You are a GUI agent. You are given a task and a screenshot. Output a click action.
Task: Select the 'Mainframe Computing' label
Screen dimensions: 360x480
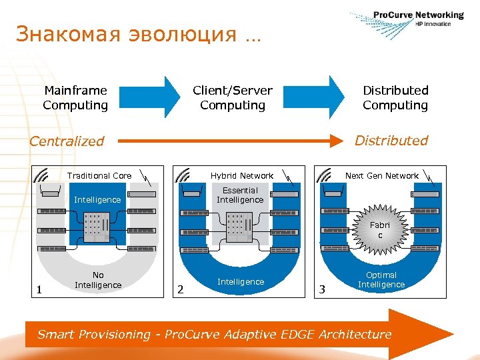click(x=75, y=97)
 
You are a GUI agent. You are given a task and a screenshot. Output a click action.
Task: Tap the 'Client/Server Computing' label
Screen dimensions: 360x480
click(x=233, y=97)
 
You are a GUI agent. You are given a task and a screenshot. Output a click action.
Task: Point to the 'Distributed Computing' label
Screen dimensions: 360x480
click(x=395, y=97)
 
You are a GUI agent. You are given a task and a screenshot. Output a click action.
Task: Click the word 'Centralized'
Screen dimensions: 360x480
click(x=67, y=141)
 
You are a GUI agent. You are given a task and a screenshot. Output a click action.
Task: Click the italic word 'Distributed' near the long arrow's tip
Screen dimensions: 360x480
click(x=391, y=141)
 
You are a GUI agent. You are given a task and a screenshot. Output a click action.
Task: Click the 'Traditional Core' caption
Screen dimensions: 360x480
click(x=99, y=176)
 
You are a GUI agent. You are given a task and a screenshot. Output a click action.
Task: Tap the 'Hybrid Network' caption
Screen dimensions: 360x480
click(x=241, y=176)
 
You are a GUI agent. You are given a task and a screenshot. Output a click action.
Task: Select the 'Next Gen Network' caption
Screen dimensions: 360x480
click(x=382, y=176)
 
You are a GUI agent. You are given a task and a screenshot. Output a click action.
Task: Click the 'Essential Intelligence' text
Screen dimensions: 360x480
click(x=240, y=195)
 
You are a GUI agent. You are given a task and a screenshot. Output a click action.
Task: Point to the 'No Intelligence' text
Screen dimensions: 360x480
click(x=98, y=280)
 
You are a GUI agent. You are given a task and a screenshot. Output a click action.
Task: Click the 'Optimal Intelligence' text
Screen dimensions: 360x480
click(x=381, y=280)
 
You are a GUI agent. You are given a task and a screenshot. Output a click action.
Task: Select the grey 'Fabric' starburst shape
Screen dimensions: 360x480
click(x=380, y=230)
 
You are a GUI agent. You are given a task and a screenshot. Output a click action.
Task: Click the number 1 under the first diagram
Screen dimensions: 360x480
click(x=39, y=289)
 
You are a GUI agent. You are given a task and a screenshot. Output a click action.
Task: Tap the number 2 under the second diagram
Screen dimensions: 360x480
click(x=179, y=289)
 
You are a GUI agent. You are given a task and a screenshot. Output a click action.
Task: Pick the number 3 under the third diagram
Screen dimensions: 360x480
click(x=322, y=289)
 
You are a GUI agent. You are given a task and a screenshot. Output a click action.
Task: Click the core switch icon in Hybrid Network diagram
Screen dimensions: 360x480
click(x=239, y=227)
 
